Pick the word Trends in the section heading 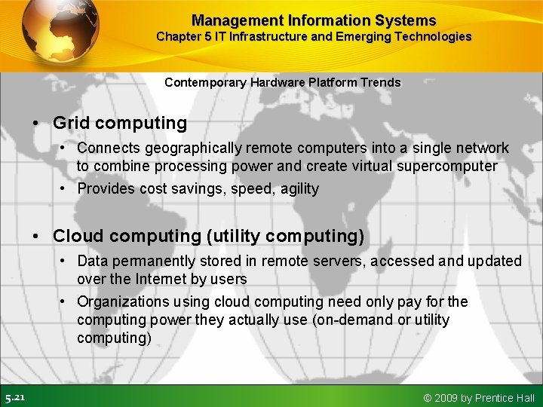(x=382, y=82)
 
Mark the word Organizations (x=124, y=301)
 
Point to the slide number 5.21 (x=15, y=397)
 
